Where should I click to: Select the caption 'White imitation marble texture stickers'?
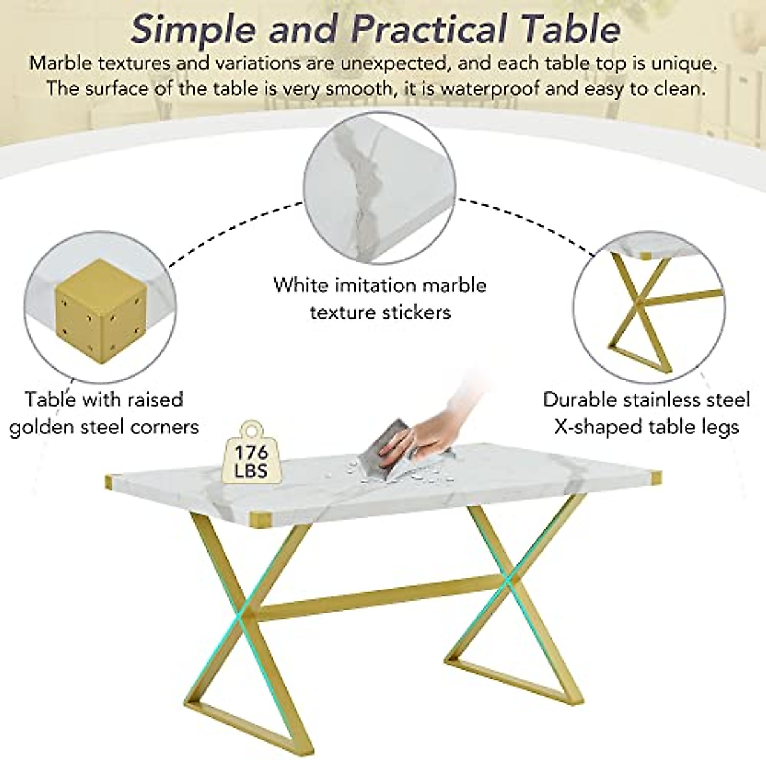380,298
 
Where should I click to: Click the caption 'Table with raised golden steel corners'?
104,413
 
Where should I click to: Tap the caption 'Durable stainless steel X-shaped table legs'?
647,413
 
